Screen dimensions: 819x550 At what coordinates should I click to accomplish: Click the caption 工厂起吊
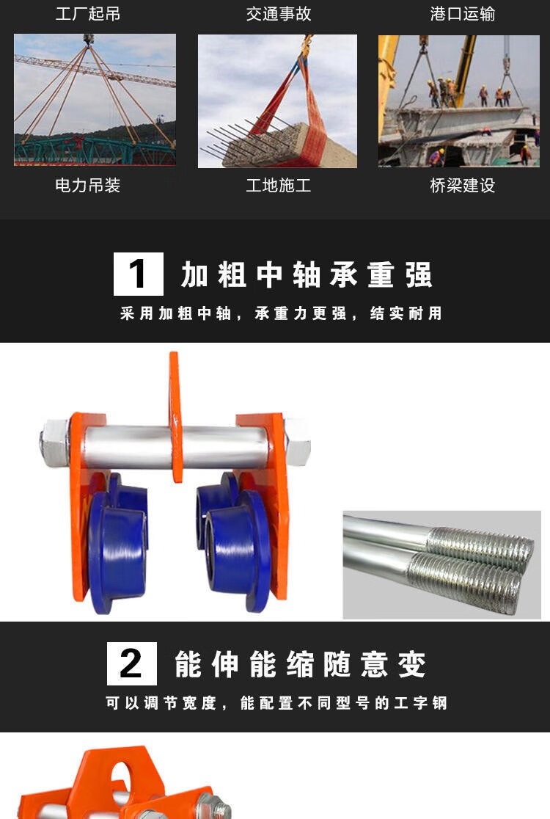click(88, 14)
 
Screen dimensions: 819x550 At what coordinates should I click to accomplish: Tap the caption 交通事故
click(279, 14)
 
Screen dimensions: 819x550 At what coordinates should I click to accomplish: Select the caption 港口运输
click(463, 14)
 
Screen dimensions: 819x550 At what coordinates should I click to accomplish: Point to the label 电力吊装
click(88, 186)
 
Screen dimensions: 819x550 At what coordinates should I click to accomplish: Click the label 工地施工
click(279, 186)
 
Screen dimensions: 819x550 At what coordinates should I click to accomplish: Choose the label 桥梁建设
click(463, 186)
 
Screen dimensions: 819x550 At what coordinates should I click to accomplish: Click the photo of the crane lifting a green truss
click(95, 100)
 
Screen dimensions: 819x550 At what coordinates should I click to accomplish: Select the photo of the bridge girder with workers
click(459, 101)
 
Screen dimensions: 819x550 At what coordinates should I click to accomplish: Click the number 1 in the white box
click(138, 274)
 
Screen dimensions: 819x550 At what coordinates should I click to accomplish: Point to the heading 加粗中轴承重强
click(307, 274)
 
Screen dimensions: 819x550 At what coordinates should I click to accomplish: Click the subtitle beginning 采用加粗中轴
click(282, 313)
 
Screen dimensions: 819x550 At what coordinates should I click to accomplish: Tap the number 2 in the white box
click(131, 663)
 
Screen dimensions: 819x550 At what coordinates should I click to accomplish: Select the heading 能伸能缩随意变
click(300, 664)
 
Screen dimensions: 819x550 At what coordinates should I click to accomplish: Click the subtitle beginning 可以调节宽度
click(276, 703)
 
